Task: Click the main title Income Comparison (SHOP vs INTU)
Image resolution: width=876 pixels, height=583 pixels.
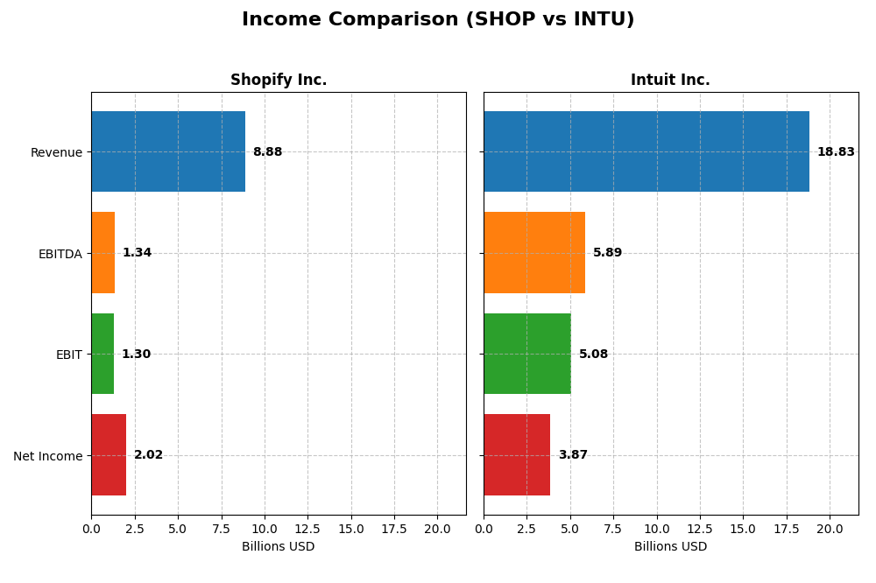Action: point(437,19)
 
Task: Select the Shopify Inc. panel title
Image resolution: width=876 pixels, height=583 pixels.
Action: point(279,80)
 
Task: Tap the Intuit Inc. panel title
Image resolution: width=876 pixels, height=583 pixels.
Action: point(670,80)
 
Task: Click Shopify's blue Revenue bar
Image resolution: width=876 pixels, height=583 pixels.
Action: point(168,151)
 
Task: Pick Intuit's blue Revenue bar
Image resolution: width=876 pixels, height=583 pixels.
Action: point(646,151)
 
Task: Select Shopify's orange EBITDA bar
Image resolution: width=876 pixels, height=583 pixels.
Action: point(103,253)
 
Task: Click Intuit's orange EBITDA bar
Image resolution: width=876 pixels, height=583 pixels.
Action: point(534,253)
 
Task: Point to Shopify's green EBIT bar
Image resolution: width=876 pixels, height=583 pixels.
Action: point(102,354)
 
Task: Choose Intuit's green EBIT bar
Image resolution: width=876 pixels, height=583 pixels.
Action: point(527,354)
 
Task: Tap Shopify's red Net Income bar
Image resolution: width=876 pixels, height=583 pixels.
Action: point(109,455)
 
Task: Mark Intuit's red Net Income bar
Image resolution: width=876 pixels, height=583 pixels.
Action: point(517,455)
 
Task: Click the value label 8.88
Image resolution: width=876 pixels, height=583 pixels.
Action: point(267,152)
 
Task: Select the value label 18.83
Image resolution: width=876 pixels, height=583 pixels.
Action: point(836,152)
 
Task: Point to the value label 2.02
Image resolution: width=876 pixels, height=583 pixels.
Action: point(148,455)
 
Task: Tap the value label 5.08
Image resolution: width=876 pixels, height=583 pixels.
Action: point(593,355)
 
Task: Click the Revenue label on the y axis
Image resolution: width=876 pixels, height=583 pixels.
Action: point(56,152)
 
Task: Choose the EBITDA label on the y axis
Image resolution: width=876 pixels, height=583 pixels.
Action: point(60,254)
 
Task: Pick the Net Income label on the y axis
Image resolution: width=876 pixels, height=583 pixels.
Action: point(47,456)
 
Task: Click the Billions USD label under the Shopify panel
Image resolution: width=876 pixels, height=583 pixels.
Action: point(279,547)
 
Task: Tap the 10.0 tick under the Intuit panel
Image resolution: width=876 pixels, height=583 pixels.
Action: point(657,529)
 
